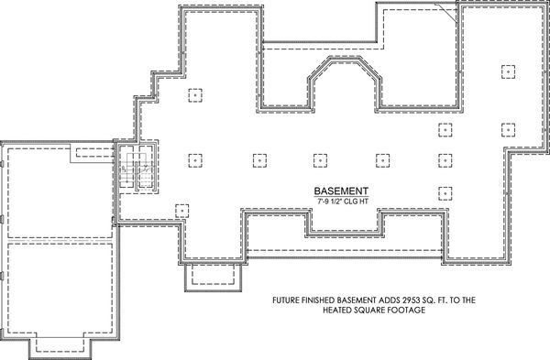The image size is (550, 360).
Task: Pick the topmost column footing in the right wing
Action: [506, 71]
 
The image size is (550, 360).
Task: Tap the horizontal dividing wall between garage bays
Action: [59, 241]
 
